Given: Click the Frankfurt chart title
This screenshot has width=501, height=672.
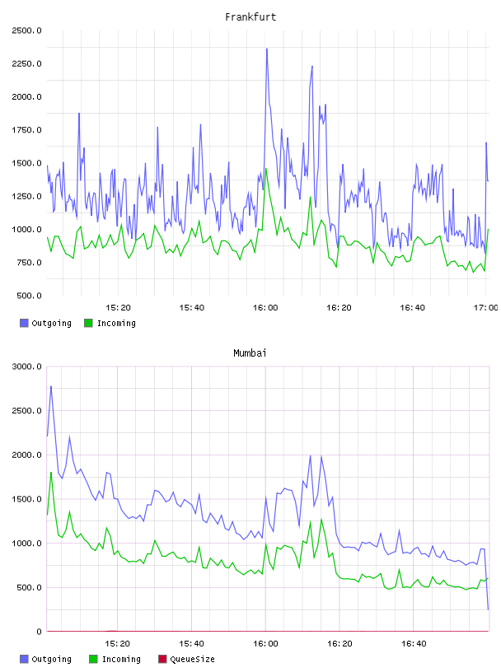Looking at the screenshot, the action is coord(250,17).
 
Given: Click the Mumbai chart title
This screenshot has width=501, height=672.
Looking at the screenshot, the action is coord(250,353).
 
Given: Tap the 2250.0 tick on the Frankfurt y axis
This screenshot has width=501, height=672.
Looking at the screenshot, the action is coord(26,64).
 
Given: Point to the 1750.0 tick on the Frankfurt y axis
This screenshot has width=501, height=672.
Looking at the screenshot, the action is coord(26,130).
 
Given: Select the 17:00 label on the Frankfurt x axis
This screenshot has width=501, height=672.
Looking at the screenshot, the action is coord(486,308).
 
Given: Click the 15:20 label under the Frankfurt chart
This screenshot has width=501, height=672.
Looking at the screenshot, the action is coord(118,308).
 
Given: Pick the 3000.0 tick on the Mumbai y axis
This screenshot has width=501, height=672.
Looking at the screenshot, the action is coord(26,366).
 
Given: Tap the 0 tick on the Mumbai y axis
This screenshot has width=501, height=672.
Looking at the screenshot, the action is coord(39,632).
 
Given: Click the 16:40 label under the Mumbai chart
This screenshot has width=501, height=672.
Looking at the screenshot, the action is coord(414,644).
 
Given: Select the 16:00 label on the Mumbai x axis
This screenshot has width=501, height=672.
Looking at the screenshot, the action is coord(265,644).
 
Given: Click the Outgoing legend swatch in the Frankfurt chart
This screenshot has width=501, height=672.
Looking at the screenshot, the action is coord(24,323).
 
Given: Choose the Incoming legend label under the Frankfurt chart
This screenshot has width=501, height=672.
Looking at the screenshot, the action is coord(116,323).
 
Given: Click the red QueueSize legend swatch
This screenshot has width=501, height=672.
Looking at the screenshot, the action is coord(162,659).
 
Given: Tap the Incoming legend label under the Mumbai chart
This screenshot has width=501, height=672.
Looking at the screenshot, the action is coord(121,659).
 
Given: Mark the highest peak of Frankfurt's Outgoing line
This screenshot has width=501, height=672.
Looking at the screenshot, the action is coord(267,49).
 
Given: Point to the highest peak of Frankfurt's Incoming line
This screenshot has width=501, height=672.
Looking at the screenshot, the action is coord(266,169).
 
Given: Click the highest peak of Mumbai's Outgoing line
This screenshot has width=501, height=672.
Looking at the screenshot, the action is coord(51,386).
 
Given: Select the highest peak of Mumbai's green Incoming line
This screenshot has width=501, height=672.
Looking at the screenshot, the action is coord(51,472).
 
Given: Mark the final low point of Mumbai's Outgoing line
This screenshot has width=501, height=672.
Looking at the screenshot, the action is coord(488,609).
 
